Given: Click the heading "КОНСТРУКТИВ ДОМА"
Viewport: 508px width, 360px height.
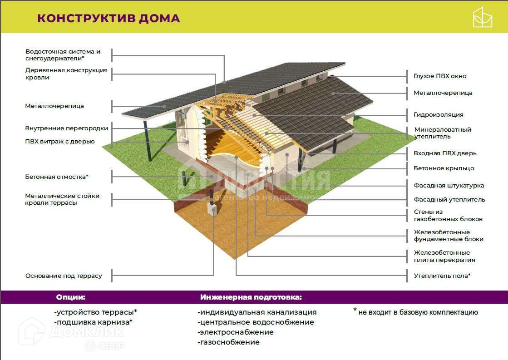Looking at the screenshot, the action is pyautogui.click(x=109, y=19).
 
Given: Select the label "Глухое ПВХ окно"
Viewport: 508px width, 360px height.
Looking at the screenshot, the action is pyautogui.click(x=439, y=76).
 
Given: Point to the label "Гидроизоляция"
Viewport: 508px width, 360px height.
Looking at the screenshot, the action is pyautogui.click(x=438, y=115).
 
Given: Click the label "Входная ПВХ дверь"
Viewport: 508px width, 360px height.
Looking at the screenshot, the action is pyautogui.click(x=445, y=153).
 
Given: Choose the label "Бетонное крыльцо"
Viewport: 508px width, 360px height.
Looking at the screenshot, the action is pyautogui.click(x=444, y=168).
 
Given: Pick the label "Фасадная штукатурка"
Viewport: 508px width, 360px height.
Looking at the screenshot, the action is pyautogui.click(x=449, y=186).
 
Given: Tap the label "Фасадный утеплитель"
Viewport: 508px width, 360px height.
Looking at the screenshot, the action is pyautogui.click(x=449, y=200).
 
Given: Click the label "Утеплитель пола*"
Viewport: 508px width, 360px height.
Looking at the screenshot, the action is pyautogui.click(x=442, y=276).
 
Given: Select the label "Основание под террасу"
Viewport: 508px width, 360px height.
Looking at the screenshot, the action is pyautogui.click(x=64, y=276).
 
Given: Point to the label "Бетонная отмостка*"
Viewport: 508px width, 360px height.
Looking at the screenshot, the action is pyautogui.click(x=57, y=177).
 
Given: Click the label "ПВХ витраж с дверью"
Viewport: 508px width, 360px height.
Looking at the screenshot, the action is pyautogui.click(x=60, y=142).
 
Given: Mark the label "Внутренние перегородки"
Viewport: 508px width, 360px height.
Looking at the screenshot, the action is pyautogui.click(x=67, y=128).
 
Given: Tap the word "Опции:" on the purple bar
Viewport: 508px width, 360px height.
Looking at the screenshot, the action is pyautogui.click(x=70, y=298).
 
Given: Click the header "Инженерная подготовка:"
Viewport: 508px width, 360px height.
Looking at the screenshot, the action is pyautogui.click(x=251, y=298).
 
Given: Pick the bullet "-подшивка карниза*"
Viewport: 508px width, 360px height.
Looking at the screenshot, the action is pyautogui.click(x=93, y=322).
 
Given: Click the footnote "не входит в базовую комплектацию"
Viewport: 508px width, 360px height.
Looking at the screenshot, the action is pyautogui.click(x=418, y=312).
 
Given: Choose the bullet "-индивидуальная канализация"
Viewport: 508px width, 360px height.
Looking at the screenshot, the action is pyautogui.click(x=257, y=312).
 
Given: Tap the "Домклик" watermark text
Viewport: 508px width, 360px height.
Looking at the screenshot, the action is pyautogui.click(x=86, y=333).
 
